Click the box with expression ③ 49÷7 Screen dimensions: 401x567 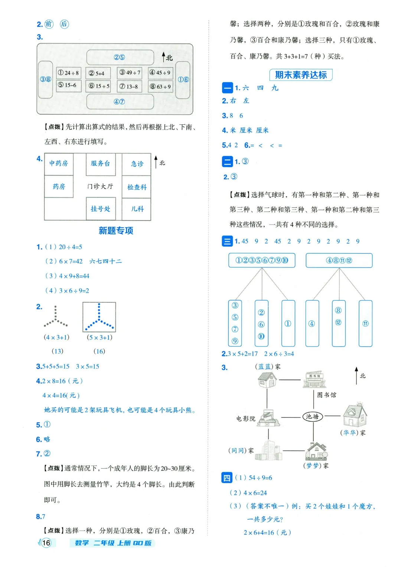coord(129,73)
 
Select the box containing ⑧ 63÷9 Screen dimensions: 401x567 coord(160,87)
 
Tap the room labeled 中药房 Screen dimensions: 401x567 coord(59,164)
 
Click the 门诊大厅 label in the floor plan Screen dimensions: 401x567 coord(100,186)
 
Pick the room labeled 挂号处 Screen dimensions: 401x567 coord(101,209)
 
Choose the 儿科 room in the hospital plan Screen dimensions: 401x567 coord(137,209)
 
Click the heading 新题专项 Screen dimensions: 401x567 coord(116,231)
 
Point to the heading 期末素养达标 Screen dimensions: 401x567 coord(301,75)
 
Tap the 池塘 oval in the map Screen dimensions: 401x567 coord(313,416)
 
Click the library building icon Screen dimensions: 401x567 coord(315,379)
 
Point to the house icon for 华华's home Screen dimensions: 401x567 coord(355,415)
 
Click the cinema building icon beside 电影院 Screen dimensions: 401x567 coord(268,418)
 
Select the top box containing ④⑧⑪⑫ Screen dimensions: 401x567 coord(339,260)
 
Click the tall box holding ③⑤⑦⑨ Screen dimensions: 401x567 coord(235,323)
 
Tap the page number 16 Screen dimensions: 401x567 coord(46,543)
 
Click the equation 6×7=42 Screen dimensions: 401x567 coord(71,261)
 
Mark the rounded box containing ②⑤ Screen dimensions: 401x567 coord(120,57)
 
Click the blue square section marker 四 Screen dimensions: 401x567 coord(226,478)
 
